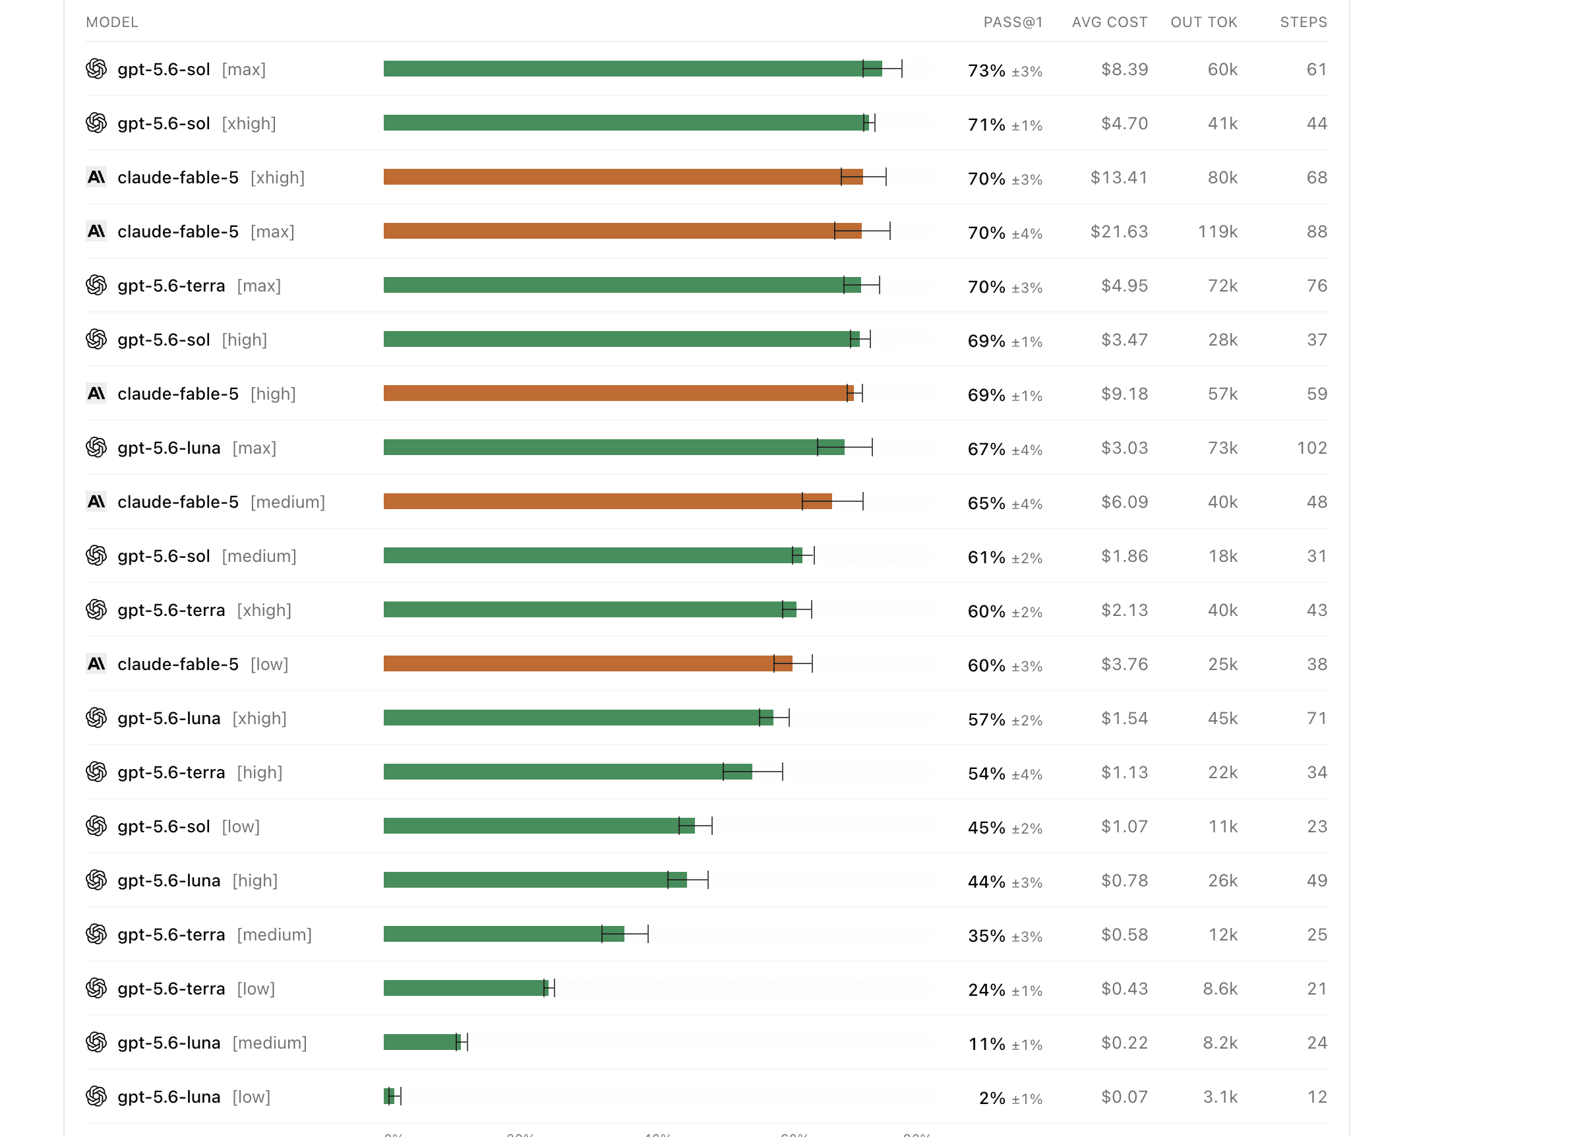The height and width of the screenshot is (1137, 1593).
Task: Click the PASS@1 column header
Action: pyautogui.click(x=1013, y=22)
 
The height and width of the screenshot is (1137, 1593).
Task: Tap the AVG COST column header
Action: pyautogui.click(x=1109, y=22)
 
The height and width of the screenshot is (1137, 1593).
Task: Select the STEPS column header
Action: pyautogui.click(x=1304, y=22)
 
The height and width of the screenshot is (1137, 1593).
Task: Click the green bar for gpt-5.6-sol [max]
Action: pyautogui.click(x=633, y=69)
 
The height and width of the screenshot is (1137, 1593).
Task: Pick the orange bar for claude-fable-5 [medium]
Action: pyautogui.click(x=607, y=501)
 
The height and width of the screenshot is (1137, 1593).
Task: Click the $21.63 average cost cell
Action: pyautogui.click(x=1119, y=231)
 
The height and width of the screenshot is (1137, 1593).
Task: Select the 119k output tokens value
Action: pyautogui.click(x=1217, y=231)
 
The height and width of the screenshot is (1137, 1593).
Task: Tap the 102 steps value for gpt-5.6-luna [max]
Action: pyautogui.click(x=1311, y=448)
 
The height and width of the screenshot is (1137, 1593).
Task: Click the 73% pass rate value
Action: pyautogui.click(x=986, y=70)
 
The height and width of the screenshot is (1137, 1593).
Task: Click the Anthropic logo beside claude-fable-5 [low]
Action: pyautogui.click(x=96, y=663)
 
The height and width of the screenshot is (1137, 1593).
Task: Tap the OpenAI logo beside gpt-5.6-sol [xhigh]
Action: pyautogui.click(x=96, y=123)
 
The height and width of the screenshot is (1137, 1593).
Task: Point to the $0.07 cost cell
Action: pyautogui.click(x=1124, y=1097)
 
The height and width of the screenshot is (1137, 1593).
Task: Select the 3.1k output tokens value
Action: pyautogui.click(x=1220, y=1097)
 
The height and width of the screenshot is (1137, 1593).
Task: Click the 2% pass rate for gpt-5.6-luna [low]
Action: pyautogui.click(x=992, y=1098)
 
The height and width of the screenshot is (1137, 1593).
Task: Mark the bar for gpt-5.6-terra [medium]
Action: pyautogui.click(x=504, y=934)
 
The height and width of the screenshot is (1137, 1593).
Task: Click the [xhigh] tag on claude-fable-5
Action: pyautogui.click(x=277, y=178)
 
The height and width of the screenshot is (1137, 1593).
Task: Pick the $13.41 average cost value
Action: pyautogui.click(x=1119, y=178)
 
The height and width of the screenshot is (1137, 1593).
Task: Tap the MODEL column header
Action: pyautogui.click(x=112, y=22)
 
